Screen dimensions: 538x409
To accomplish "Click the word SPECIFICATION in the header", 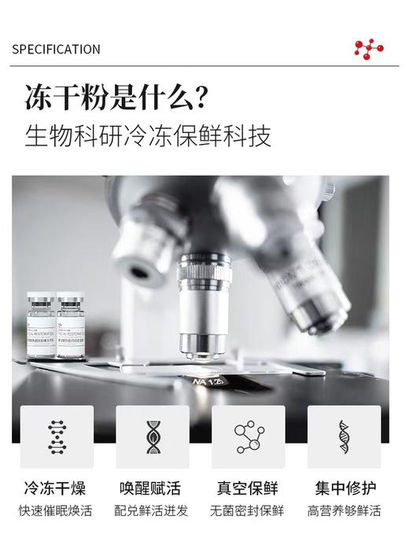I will coord(56,50).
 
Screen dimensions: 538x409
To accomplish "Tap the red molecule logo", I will coord(368,49).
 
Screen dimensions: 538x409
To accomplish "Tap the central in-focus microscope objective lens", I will coord(204,307).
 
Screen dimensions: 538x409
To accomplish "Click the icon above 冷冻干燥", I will coord(57,437).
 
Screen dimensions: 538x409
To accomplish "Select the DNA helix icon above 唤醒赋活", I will coord(153,437).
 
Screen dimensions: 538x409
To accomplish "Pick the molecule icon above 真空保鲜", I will coord(249,437).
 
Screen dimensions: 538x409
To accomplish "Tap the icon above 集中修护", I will coord(344,437).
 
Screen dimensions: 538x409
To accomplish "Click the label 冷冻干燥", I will coord(56,488).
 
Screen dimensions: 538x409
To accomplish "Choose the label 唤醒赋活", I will coord(152,488).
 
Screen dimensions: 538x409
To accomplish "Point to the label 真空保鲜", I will coord(248,488).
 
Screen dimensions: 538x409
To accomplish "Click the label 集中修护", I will coord(344,488).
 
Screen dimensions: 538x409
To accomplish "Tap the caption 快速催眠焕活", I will coord(56,511).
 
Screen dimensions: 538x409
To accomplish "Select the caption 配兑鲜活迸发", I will coord(152,511).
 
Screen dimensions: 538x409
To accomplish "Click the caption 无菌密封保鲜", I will coord(248,511).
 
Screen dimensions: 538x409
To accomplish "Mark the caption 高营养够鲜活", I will coord(344,511).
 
